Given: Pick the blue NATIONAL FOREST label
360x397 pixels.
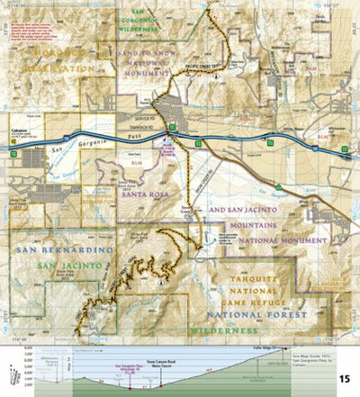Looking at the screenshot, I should pos(261,316).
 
